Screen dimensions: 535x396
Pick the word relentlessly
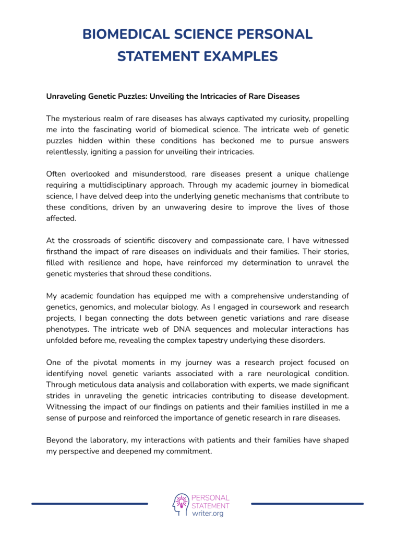[x=70, y=152]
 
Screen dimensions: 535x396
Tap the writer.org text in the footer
[x=208, y=514]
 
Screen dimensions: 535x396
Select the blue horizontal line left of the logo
[x=89, y=504]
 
